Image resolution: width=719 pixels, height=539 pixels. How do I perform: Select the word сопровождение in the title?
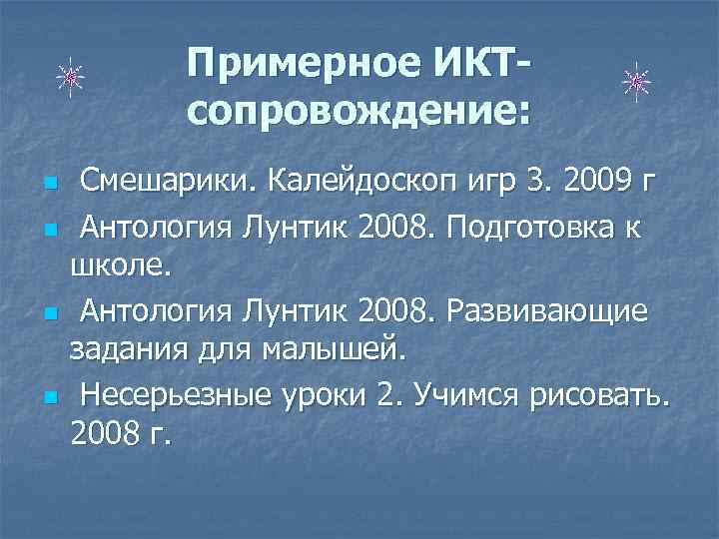coord(359,112)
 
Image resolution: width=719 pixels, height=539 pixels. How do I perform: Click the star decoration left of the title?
coord(69,76)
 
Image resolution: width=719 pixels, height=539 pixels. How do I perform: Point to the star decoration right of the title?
coord(635,82)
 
